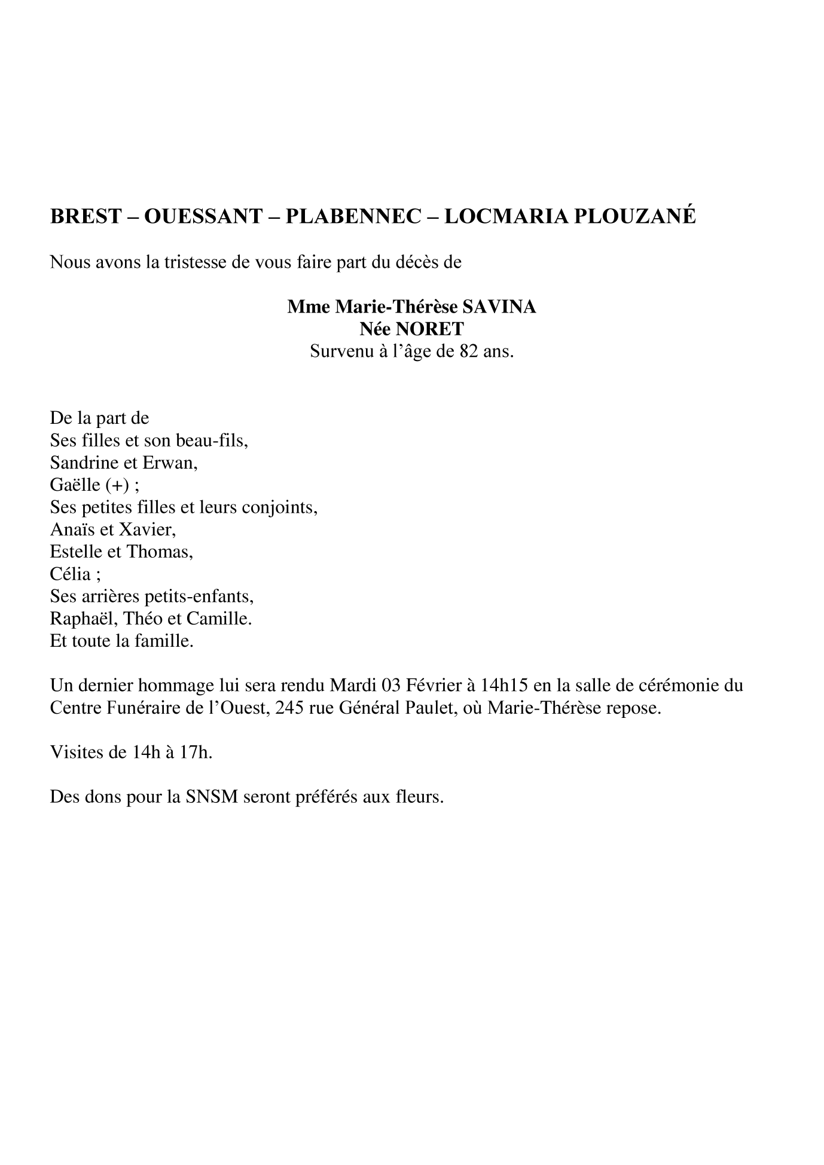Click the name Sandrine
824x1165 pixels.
(84, 463)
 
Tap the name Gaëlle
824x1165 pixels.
(74, 485)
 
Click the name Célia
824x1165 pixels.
(71, 574)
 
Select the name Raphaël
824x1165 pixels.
(78, 619)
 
